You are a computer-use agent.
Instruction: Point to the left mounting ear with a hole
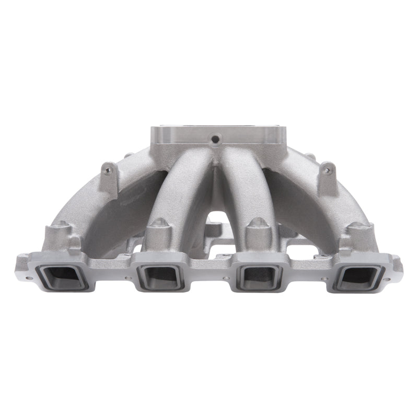[108, 170]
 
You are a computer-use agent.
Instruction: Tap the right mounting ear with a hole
[327, 169]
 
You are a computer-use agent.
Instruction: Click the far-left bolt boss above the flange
[59, 230]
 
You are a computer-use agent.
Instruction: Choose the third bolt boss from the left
[256, 226]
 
